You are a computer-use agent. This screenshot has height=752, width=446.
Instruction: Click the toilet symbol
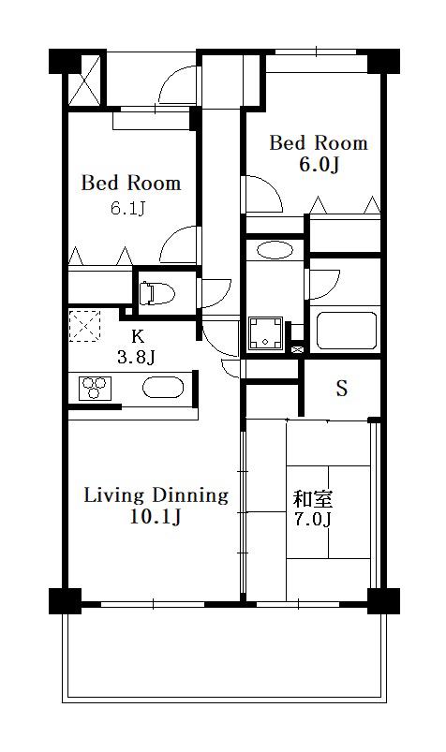coord(156,292)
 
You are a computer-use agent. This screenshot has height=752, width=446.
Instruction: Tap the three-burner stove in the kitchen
coord(95,388)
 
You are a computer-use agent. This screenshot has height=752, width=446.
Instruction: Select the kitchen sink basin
coord(163,387)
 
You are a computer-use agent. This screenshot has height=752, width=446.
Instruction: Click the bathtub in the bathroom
coord(346,331)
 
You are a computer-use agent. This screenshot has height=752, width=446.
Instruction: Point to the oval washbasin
coord(275,250)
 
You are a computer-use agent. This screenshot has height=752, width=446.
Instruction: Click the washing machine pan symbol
coord(265,332)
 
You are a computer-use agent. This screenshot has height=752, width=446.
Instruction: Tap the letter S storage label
coord(341,389)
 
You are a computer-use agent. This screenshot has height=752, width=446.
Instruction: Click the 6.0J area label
coord(320,165)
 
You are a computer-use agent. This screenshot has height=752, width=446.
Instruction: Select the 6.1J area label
coord(127,209)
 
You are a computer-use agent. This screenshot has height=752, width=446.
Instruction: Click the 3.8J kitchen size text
coord(136,357)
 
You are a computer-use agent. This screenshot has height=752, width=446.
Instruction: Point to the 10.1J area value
coord(156,517)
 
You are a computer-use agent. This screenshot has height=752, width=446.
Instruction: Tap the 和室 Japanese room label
coord(313,499)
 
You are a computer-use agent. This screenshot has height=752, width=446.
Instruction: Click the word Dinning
coord(190,495)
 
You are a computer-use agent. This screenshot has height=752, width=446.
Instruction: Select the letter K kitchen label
coord(138,336)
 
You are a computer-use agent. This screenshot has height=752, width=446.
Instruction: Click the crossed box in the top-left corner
coord(84,81)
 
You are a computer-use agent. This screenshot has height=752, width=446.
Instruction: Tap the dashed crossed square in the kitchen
coord(84,326)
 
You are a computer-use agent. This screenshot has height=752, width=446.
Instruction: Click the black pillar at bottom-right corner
coord(383,601)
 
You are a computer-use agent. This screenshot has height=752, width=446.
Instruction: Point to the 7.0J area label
coord(313,520)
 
